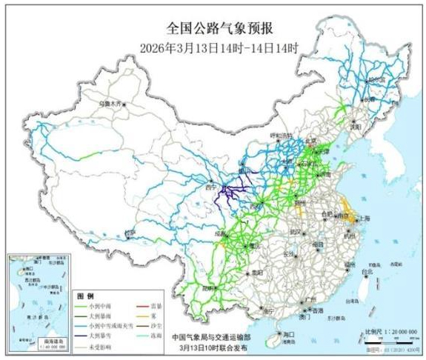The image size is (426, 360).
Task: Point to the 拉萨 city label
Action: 131,232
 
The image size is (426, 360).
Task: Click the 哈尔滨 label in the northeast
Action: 377,76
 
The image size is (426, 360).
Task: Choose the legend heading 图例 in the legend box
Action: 86,295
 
